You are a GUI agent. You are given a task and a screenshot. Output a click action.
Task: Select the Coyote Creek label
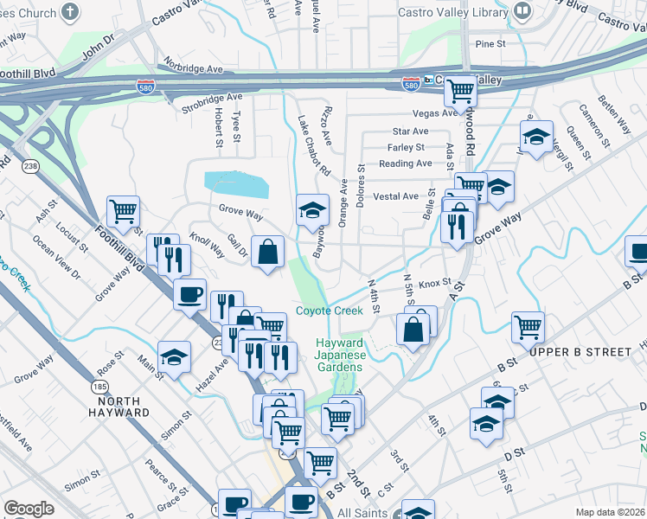click(330, 311)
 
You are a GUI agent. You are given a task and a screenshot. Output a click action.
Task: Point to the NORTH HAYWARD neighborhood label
click(123, 407)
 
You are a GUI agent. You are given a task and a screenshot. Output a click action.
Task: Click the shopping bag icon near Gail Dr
click(268, 252)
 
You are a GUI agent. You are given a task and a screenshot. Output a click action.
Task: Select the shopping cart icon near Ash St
click(123, 210)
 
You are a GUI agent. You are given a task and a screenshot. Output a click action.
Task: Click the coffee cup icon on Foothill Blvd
click(190, 293)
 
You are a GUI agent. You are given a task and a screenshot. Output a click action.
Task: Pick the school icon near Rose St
click(175, 357)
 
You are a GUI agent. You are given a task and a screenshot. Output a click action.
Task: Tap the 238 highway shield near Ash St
click(28, 167)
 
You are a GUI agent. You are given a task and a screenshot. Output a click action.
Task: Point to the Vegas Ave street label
click(438, 113)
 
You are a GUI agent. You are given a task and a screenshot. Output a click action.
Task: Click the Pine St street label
click(490, 43)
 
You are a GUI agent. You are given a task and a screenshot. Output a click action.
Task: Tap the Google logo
click(29, 509)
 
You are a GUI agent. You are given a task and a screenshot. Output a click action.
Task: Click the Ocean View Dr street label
click(57, 256)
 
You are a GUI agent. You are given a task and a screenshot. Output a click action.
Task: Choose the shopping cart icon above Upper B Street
click(528, 327)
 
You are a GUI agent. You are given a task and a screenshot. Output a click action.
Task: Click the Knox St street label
click(435, 283)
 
